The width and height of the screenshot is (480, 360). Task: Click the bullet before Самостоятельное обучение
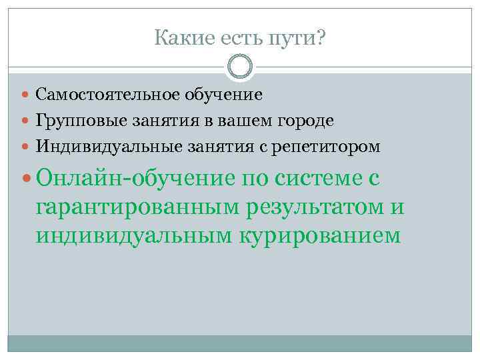coord(27,95)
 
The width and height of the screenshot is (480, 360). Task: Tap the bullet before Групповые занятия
coord(27,120)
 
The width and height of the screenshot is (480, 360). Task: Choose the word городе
coord(311,120)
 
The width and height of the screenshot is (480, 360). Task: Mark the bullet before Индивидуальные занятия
coord(27,145)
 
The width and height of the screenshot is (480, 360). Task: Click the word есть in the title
coord(239,39)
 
